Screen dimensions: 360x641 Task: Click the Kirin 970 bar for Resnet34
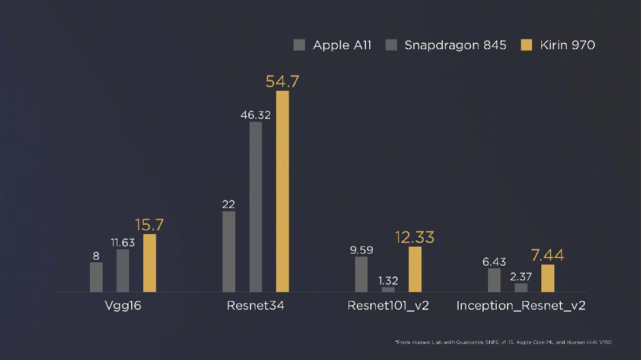pyautogui.click(x=283, y=191)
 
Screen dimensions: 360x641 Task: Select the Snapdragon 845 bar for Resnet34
pyautogui.click(x=256, y=206)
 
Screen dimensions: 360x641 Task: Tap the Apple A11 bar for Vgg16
pyautogui.click(x=96, y=277)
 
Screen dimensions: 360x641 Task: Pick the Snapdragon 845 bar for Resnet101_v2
pyautogui.click(x=388, y=289)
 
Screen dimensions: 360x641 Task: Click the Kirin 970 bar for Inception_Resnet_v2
pyautogui.click(x=548, y=278)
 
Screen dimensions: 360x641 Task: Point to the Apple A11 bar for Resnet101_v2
pyautogui.click(x=361, y=274)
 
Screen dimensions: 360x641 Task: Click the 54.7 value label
pyautogui.click(x=282, y=81)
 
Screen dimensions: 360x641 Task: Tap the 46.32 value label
pyautogui.click(x=255, y=115)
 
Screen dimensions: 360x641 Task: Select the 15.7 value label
pyautogui.click(x=149, y=225)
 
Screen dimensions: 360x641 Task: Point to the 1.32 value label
pyautogui.click(x=388, y=281)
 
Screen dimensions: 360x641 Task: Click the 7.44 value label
pyautogui.click(x=547, y=255)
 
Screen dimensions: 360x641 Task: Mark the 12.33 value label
pyautogui.click(x=415, y=237)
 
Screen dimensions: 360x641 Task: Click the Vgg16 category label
pyautogui.click(x=122, y=306)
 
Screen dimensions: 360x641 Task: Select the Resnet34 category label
pyautogui.click(x=255, y=306)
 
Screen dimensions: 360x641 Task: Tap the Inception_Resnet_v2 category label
pyautogui.click(x=521, y=306)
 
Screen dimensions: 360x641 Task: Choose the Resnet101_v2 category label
pyautogui.click(x=388, y=306)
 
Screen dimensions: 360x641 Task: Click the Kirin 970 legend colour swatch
pyautogui.click(x=526, y=45)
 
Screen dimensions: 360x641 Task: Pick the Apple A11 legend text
pyautogui.click(x=342, y=45)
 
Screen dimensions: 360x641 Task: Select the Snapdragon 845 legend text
pyautogui.click(x=455, y=45)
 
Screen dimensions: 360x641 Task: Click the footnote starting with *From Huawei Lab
pyautogui.click(x=503, y=342)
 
